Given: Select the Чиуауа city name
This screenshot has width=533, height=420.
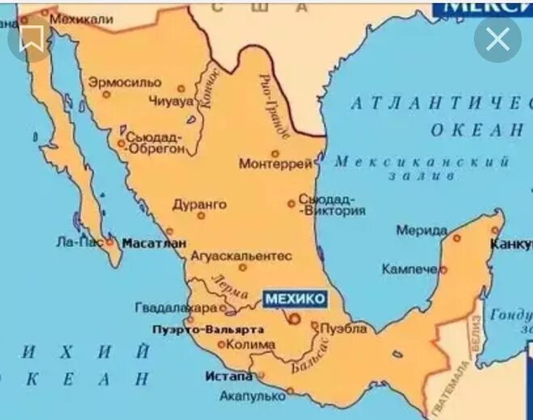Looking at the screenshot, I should pyautogui.click(x=171, y=101).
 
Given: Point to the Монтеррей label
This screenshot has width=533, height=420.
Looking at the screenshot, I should pyautogui.click(x=276, y=164).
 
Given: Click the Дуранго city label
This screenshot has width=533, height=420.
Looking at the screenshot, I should pyautogui.click(x=200, y=205).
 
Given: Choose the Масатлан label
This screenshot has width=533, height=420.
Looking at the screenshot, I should pyautogui.click(x=154, y=242).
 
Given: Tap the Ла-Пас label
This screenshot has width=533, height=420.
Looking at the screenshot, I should pyautogui.click(x=78, y=241).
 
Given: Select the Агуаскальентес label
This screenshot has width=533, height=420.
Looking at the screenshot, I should pyautogui.click(x=241, y=256).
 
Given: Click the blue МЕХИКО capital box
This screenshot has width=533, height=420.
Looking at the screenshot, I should pyautogui.click(x=295, y=299).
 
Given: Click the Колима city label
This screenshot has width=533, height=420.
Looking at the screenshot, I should pyautogui.click(x=246, y=344).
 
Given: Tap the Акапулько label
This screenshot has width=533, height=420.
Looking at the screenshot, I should pyautogui.click(x=252, y=397).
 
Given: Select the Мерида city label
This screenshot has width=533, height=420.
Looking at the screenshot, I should pyautogui.click(x=421, y=231).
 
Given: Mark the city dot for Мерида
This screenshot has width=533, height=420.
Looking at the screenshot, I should pyautogui.click(x=456, y=238).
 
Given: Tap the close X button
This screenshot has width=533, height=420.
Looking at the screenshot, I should pyautogui.click(x=497, y=37).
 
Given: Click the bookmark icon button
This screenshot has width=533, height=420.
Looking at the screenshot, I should pyautogui.click(x=32, y=37).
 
